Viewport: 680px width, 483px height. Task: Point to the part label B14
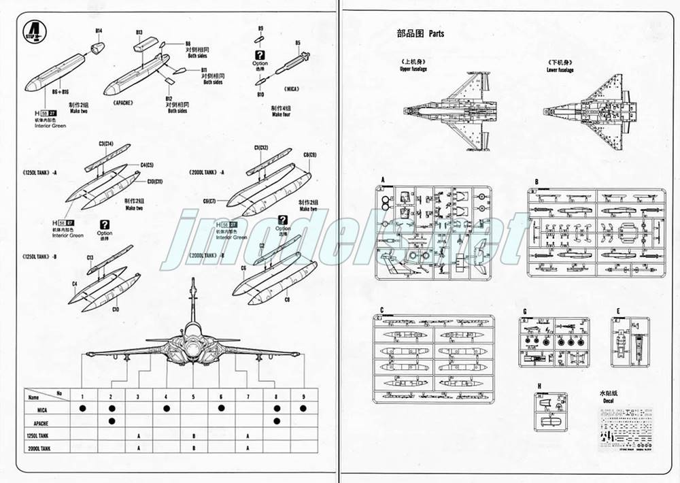[x=99, y=31]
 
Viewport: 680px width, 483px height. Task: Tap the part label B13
[x=139, y=32]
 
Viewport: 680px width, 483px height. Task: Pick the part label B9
[x=260, y=28]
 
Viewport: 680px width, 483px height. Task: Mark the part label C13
[x=90, y=257]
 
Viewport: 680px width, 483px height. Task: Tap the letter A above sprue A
[x=383, y=180]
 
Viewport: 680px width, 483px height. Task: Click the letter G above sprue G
[x=524, y=312]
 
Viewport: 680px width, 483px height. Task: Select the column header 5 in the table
[x=194, y=395]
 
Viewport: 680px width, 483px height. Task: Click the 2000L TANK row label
[x=41, y=449]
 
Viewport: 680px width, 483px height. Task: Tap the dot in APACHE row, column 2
[x=111, y=422]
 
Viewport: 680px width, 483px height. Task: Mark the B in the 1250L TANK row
[x=194, y=435]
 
